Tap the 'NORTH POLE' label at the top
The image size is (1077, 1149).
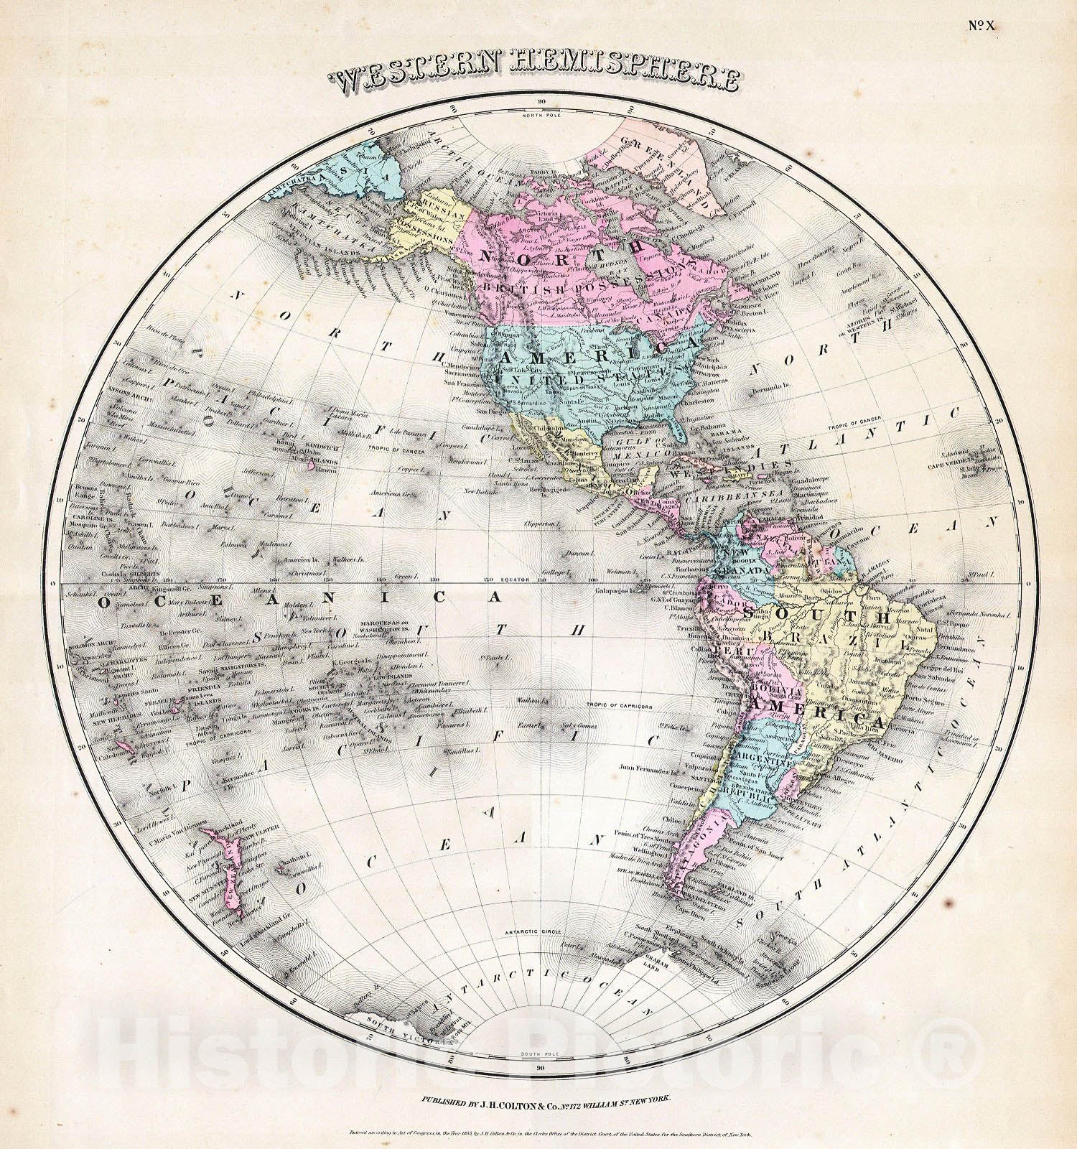541,115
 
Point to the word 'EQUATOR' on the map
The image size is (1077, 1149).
516,579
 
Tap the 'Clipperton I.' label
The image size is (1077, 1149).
542,525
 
